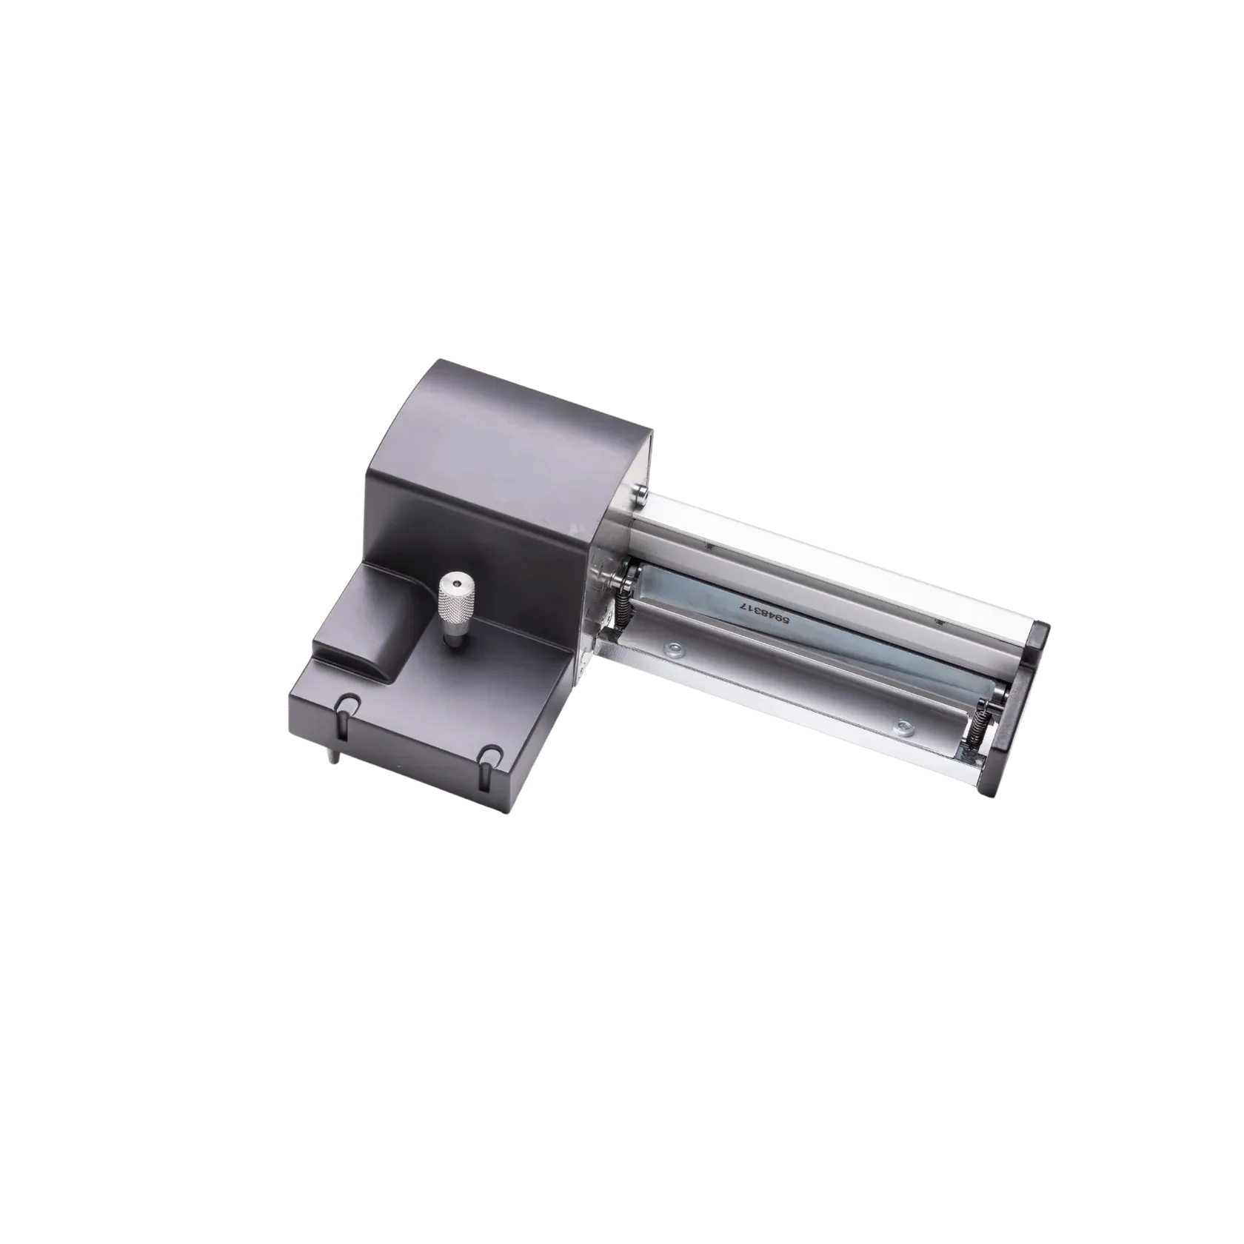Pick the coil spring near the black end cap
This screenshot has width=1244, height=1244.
pyautogui.click(x=976, y=732)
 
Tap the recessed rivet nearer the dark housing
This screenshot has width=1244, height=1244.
pyautogui.click(x=673, y=651)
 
